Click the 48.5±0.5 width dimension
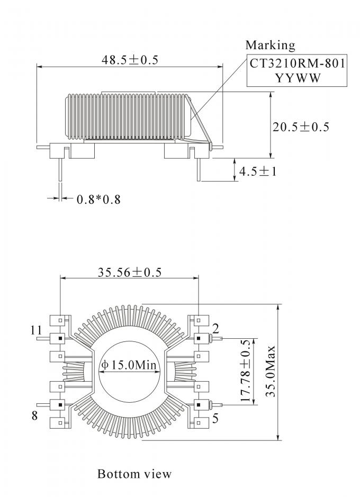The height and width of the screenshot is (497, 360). coord(130,60)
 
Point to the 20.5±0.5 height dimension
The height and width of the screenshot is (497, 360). coord(301,126)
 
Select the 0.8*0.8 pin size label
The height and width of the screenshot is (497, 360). coord(98,200)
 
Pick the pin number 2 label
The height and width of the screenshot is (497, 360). coord(216,326)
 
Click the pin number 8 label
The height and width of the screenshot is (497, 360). coord(35,415)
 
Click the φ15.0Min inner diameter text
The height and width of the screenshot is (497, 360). coord(130,365)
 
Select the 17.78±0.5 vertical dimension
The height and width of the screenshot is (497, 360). coord(245,371)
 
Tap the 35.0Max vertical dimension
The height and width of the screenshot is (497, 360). coord(270,372)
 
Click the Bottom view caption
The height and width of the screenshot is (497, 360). coord(134,473)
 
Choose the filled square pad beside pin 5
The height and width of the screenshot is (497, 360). coord(198,405)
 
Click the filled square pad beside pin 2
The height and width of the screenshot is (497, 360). coord(198,338)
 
